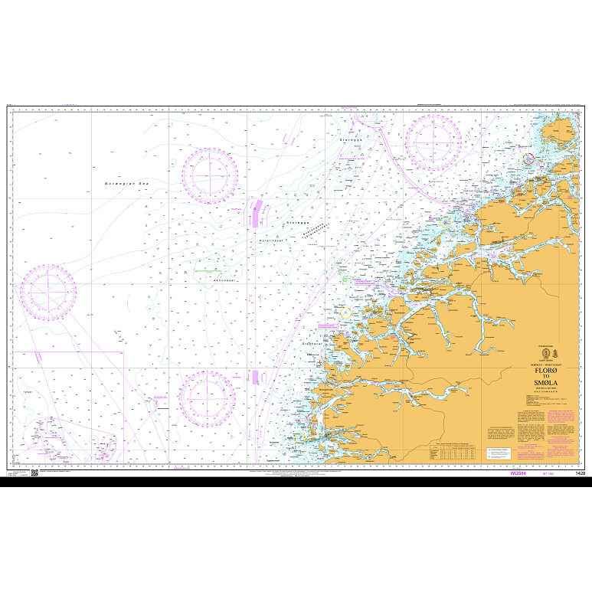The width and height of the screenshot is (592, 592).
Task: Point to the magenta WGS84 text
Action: tap(518, 473)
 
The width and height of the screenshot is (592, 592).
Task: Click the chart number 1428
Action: tap(580, 473)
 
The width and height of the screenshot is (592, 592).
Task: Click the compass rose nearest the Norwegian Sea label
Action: tap(209, 174)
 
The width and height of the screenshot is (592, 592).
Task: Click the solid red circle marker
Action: tap(528, 158)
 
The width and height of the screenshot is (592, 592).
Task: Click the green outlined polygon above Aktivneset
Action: tap(208, 271)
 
